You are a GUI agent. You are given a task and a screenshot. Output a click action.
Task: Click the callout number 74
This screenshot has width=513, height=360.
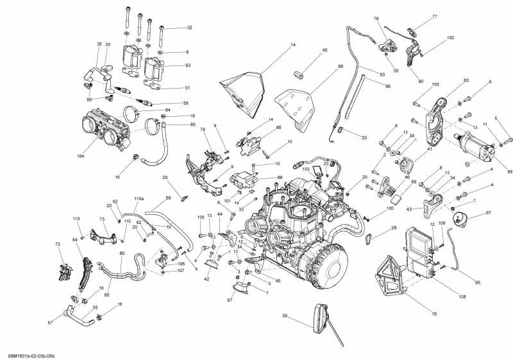point(292,45)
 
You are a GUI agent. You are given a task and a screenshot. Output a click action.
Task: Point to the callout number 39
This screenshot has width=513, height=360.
point(284,316)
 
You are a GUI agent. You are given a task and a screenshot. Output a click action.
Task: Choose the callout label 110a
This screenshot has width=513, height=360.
point(139,200)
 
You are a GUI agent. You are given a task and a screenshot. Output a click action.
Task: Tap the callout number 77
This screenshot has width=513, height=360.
point(434,16)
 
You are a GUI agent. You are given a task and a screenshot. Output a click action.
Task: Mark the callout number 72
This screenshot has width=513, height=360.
point(58,244)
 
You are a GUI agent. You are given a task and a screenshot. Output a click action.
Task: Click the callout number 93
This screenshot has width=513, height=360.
point(187,65)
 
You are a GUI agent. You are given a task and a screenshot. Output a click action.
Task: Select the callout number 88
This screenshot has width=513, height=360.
point(341,66)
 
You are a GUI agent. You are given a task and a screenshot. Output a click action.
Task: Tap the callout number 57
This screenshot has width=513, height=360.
point(50,322)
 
